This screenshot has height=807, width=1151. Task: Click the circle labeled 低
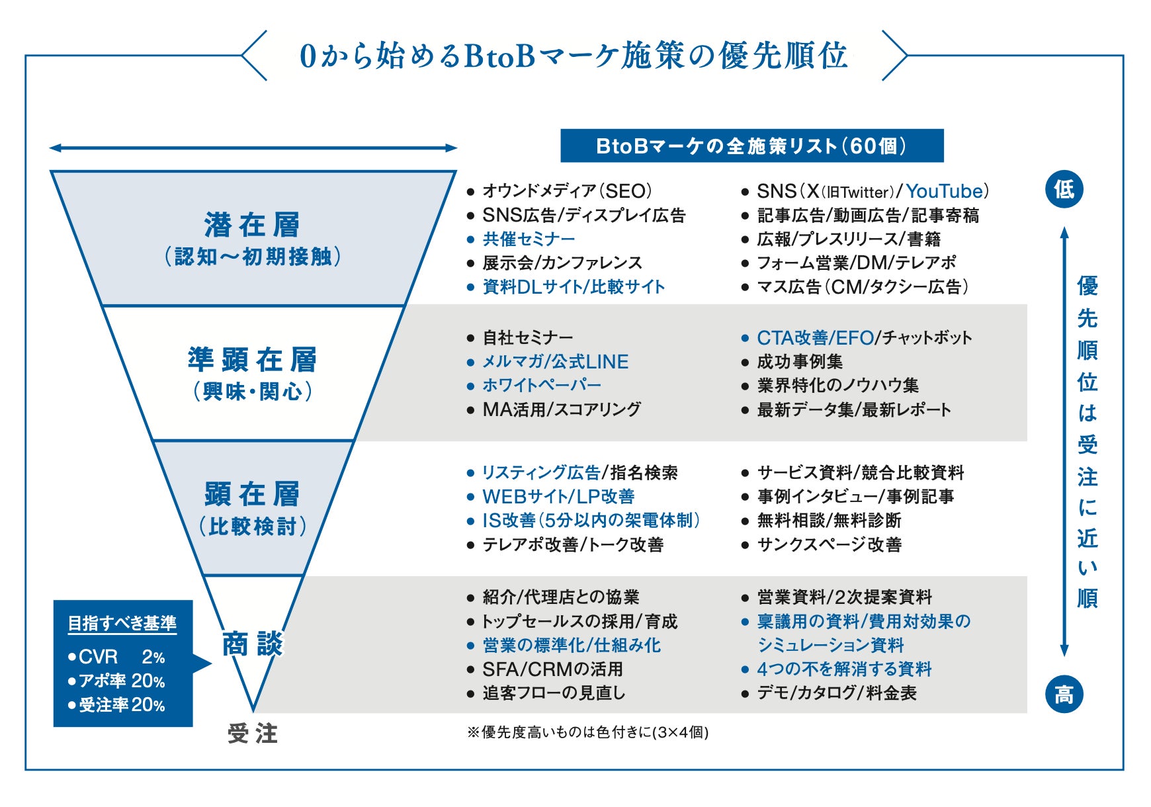tap(1064, 190)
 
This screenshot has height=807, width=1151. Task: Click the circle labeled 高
tap(1064, 695)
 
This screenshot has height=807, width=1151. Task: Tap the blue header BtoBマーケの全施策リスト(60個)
tap(751, 146)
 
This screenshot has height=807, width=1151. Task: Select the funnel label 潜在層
tap(252, 225)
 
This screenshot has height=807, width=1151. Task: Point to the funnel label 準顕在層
tap(252, 361)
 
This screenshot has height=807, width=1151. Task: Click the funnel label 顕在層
tap(252, 495)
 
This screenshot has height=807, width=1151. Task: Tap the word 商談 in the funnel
tap(252, 644)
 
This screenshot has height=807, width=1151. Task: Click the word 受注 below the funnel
tap(253, 734)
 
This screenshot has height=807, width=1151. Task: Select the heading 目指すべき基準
tap(122, 623)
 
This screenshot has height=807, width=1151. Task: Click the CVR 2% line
tap(116, 657)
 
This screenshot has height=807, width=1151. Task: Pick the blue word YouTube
tap(944, 191)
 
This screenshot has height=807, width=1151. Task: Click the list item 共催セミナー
tap(529, 239)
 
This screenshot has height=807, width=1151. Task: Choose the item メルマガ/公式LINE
tap(555, 362)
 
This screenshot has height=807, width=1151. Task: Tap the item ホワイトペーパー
tap(542, 385)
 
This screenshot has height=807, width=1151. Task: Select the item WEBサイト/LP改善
tap(558, 496)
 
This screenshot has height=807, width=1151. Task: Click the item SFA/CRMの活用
tap(552, 669)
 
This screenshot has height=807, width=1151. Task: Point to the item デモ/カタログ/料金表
tap(837, 693)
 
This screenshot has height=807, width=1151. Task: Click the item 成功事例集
tap(800, 362)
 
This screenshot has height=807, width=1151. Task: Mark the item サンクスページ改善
tap(829, 544)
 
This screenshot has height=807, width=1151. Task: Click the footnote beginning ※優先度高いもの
tap(587, 732)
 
